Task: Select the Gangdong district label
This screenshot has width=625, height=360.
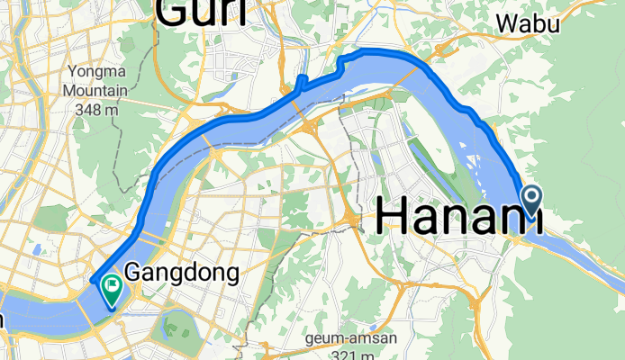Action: click(181, 271)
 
